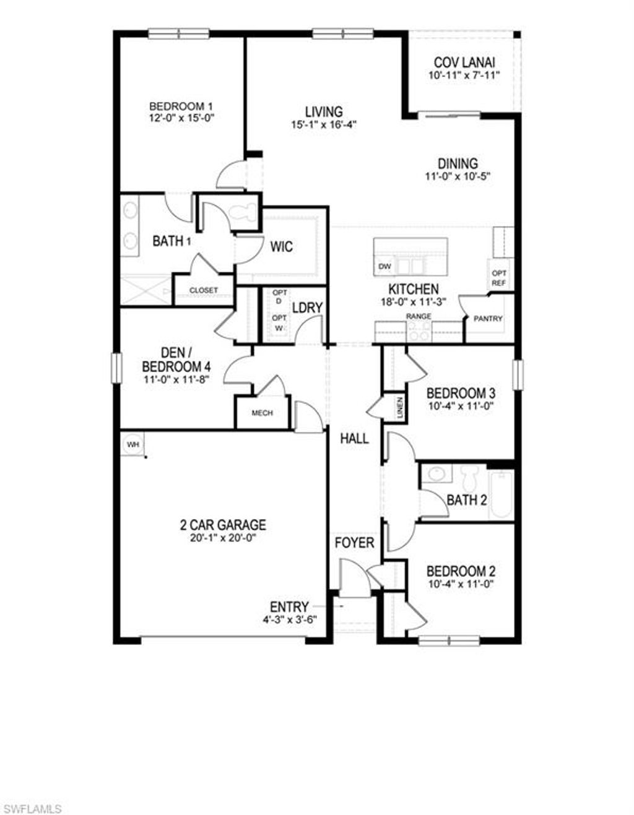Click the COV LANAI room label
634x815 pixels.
point(464,63)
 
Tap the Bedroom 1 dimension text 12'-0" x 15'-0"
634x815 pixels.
point(176,118)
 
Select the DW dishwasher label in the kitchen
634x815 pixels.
point(384,267)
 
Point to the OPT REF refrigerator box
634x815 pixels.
point(499,278)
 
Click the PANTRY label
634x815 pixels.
point(488,319)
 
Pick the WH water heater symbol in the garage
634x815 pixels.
point(132,444)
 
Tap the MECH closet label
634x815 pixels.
point(263,413)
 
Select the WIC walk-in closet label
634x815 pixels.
point(281,247)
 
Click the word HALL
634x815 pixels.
point(354,439)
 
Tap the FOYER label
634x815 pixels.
point(354,543)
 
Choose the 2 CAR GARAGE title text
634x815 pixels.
point(223,525)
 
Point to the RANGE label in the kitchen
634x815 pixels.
point(419,316)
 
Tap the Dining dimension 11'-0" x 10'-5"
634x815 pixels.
point(458,176)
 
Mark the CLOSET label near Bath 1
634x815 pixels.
point(204,290)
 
